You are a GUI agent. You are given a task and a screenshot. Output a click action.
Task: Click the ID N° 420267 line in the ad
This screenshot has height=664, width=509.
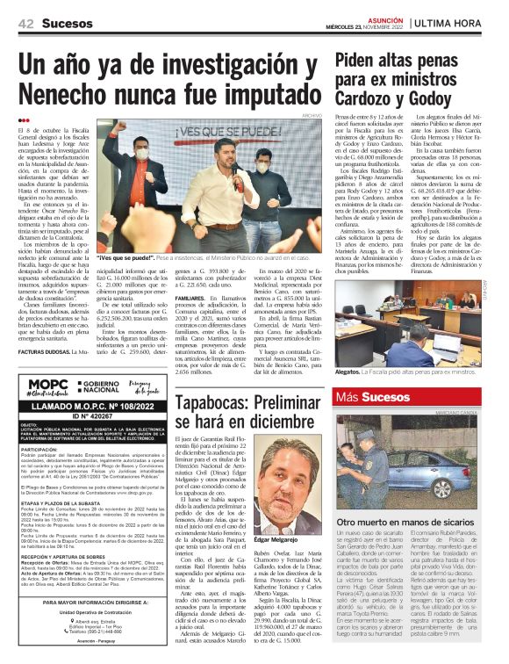[x=92, y=415]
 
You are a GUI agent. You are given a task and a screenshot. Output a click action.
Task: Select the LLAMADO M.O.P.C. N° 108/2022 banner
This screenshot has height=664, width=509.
[x=92, y=406]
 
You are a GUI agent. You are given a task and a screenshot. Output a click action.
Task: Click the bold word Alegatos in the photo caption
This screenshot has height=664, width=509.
[x=350, y=372]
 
